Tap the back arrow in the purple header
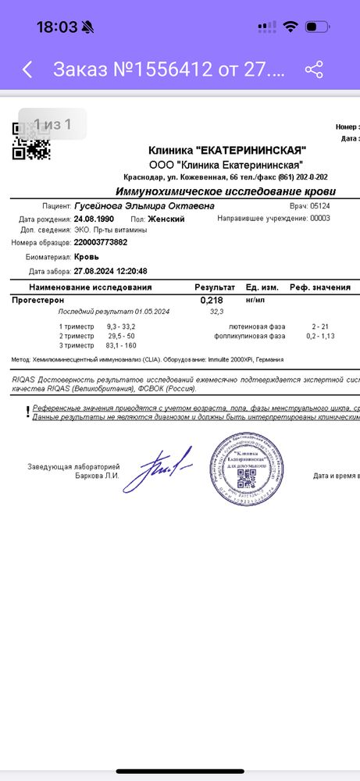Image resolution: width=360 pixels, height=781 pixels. click(27, 70)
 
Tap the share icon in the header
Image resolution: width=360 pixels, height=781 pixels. click(314, 70)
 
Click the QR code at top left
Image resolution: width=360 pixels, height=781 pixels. click(32, 141)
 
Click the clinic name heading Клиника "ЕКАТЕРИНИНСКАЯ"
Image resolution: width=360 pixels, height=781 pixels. click(227, 150)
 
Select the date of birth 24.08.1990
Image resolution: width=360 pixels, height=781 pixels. click(93, 219)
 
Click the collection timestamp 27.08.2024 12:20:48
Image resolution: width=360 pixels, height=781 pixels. click(110, 271)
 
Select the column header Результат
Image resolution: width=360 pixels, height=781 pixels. click(214, 287)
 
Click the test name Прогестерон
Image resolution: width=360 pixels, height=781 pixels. click(38, 300)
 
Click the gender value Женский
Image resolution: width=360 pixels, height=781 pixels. click(167, 219)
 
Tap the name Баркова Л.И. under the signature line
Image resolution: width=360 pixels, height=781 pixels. click(98, 475)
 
